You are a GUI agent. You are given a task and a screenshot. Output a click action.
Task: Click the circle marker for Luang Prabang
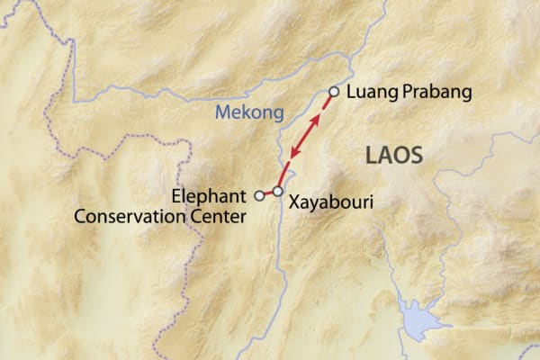pyautogui.click(x=334, y=91)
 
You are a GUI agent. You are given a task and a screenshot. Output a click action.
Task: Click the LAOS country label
pyautogui.click(x=393, y=155)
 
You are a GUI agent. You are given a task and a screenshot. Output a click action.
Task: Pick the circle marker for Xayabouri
pyautogui.click(x=278, y=192)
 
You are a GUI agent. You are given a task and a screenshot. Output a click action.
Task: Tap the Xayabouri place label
pyautogui.click(x=330, y=203)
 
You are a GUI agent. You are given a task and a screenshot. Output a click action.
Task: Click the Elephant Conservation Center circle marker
pyautogui.click(x=259, y=194)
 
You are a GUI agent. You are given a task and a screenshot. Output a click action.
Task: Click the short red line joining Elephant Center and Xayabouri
pyautogui.click(x=268, y=193)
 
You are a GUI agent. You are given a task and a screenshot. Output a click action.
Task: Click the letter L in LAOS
pyautogui.click(x=371, y=155)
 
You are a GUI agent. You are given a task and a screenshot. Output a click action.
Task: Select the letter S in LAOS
pyautogui.click(x=415, y=155)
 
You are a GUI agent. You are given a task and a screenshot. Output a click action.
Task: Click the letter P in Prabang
pyautogui.click(x=397, y=92)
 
